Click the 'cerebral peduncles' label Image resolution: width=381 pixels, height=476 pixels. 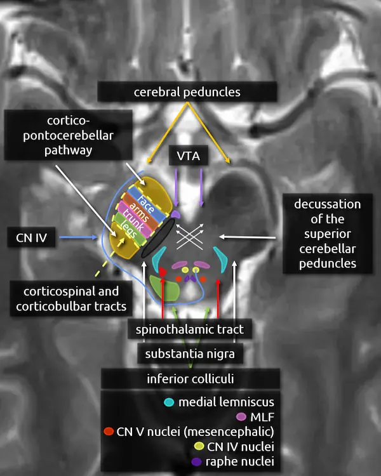(x=187, y=92)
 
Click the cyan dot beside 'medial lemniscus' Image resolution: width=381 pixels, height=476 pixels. (x=169, y=402)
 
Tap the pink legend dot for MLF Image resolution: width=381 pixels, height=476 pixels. (x=241, y=417)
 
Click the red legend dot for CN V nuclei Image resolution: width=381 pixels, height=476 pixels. (x=108, y=432)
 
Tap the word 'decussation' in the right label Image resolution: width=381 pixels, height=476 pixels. (x=327, y=205)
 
